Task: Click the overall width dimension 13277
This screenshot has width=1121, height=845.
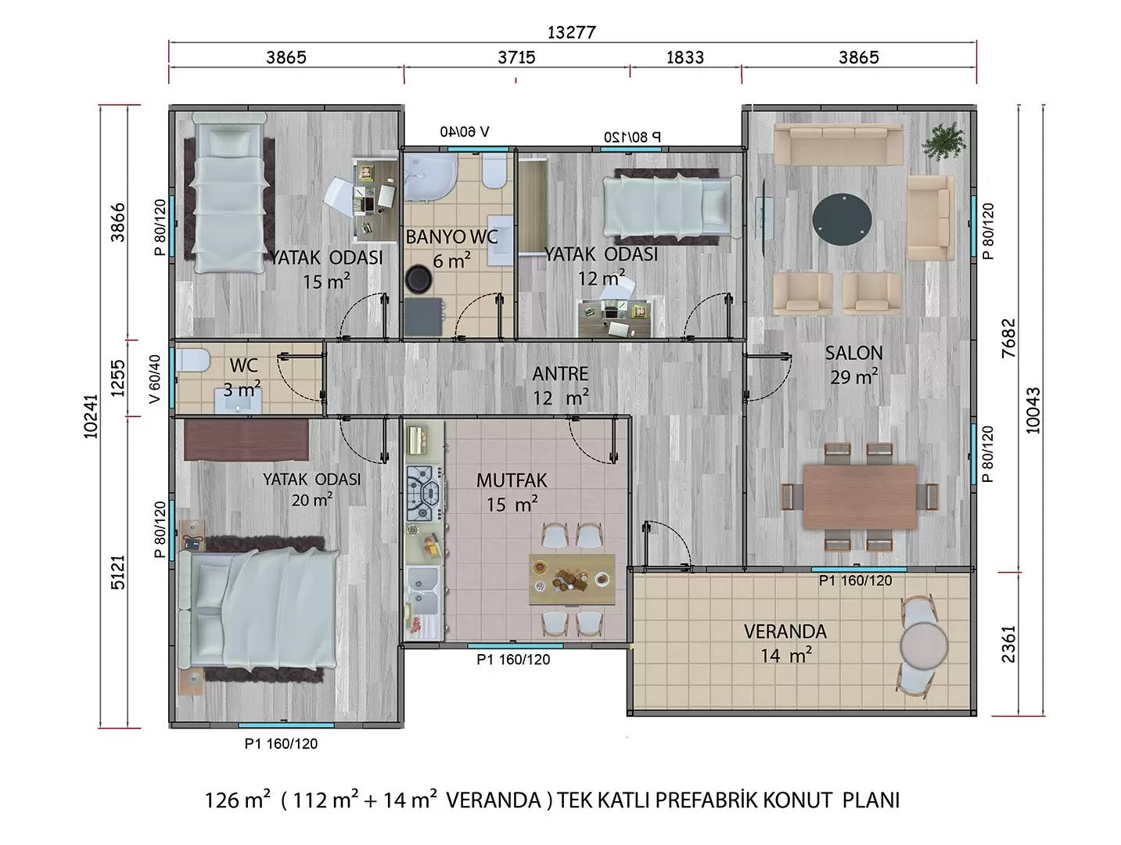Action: coord(571,33)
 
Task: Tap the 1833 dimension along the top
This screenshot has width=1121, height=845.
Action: coord(684,57)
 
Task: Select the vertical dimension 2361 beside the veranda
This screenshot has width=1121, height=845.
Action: coord(1008,644)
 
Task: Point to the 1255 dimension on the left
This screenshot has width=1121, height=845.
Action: coord(118,378)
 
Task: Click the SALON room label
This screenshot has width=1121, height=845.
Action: coord(853,353)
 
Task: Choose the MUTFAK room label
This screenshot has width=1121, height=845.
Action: coord(512,480)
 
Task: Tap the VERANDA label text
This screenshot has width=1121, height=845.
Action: coord(785,631)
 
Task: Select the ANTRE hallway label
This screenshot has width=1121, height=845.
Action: coord(560,374)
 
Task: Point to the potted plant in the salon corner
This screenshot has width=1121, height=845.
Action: coord(943,142)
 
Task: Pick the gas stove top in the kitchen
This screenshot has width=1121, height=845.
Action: coord(424,493)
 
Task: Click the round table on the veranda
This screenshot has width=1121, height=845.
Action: coord(923,645)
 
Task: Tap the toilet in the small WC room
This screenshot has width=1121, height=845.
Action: coord(192,360)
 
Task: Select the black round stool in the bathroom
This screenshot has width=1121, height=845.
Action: coord(419,279)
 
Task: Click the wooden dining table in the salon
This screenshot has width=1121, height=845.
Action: coord(860,496)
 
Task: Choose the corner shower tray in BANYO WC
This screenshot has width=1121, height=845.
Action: coord(430,177)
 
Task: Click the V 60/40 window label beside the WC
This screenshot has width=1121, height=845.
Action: coord(155,379)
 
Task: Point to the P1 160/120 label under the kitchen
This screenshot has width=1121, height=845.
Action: coord(512,660)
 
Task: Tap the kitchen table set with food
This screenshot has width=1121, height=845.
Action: coord(572,580)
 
